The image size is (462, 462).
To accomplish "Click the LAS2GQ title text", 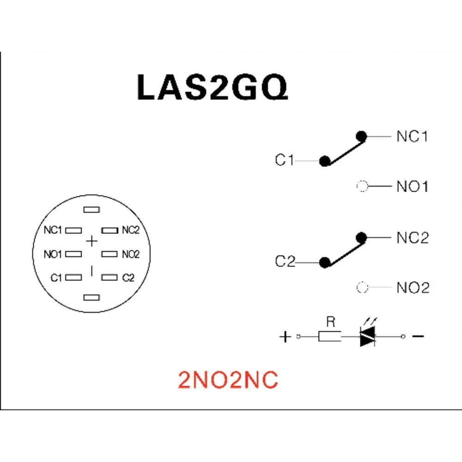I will point(213,87).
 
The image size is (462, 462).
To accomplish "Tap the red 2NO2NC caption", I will point(228,380).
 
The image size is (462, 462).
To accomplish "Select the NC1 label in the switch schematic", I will point(413,137).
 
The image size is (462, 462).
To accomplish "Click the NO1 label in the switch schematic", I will point(413,187).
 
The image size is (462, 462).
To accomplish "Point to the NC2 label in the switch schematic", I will point(413,238).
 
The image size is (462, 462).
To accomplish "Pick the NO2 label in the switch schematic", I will point(413,288).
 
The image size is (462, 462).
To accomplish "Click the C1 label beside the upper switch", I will point(284,161).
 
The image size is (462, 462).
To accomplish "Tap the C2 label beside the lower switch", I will point(285,262).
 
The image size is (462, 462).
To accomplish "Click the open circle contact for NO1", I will point(362,187).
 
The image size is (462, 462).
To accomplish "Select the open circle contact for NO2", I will point(362,288).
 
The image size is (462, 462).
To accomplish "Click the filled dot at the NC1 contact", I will point(362,136).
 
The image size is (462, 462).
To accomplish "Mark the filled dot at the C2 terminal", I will point(325,262).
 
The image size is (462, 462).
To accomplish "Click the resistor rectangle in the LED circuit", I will point(330,337).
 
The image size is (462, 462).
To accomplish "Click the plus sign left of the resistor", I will point(286,337).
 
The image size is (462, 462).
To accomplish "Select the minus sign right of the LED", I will point(418,336).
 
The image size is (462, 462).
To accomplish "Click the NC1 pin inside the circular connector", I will point(74,230).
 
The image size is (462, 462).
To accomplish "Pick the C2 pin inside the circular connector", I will point(109,278).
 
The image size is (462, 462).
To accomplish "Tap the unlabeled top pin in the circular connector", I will point(91,210).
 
